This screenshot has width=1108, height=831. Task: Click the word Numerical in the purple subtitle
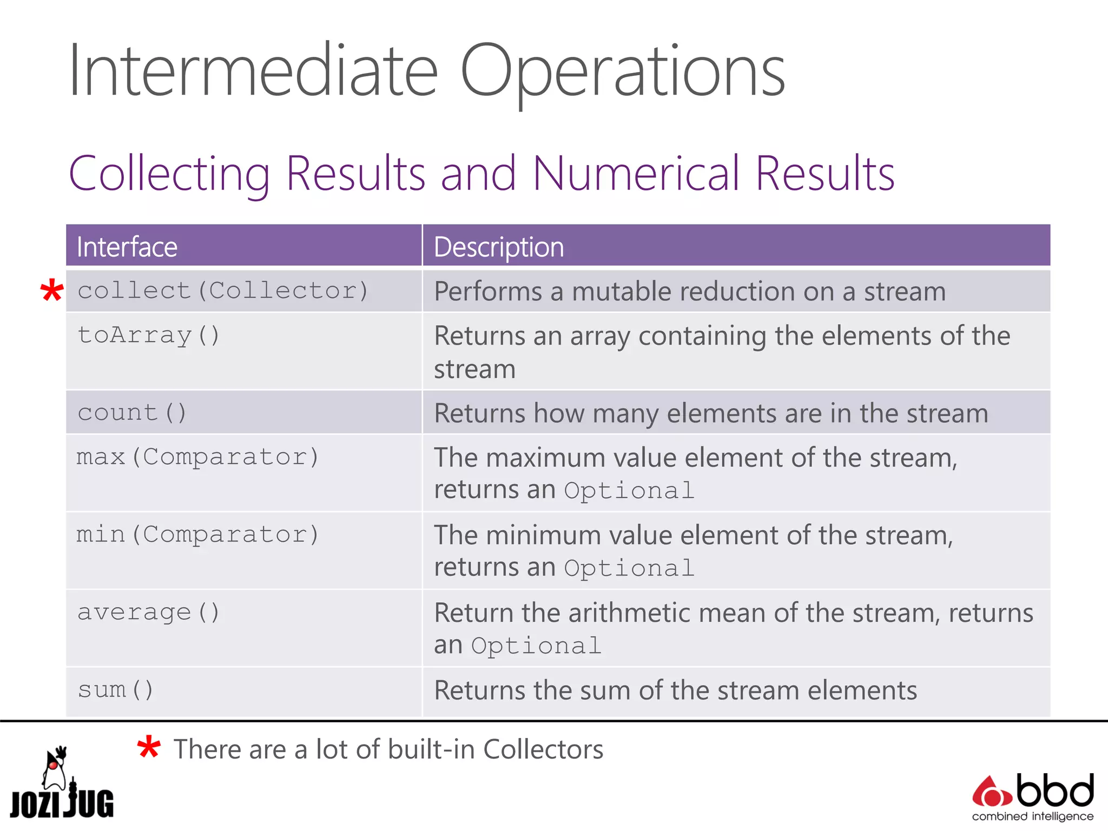click(x=636, y=174)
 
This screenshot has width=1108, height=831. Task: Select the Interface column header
click(x=127, y=247)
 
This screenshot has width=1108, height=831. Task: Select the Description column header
click(x=499, y=247)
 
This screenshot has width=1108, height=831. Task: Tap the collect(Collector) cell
click(x=223, y=291)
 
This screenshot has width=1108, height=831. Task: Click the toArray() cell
click(x=149, y=335)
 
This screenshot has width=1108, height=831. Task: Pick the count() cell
click(x=132, y=413)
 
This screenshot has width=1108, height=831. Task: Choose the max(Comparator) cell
click(x=198, y=457)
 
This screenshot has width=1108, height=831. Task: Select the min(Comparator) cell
click(x=198, y=535)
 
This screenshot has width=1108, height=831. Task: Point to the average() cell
click(x=149, y=612)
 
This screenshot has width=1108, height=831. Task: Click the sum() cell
click(x=116, y=690)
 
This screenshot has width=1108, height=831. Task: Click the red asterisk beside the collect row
click(x=52, y=292)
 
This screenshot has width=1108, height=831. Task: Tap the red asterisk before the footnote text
click(x=148, y=749)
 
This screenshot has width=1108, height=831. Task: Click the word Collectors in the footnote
click(x=543, y=749)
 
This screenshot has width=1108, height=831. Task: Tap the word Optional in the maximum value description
click(x=629, y=491)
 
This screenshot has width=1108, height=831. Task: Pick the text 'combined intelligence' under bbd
click(x=1033, y=816)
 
